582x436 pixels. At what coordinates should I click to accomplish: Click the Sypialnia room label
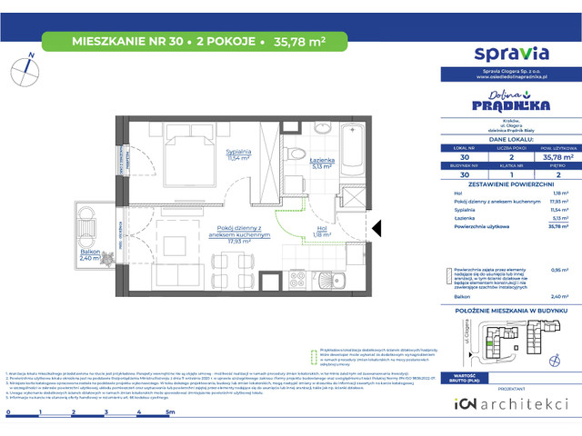[214, 154]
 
